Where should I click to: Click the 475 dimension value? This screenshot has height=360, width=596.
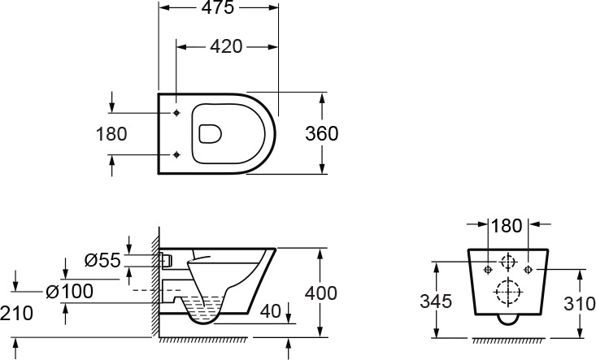pyautogui.click(x=218, y=7)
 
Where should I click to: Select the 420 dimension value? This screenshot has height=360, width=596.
pyautogui.click(x=226, y=46)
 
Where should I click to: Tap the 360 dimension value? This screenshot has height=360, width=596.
pyautogui.click(x=321, y=133)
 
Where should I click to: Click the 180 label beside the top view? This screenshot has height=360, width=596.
pyautogui.click(x=111, y=134)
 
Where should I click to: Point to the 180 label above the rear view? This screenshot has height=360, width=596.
pyautogui.click(x=507, y=226)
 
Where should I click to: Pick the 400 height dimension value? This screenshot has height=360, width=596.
pyautogui.click(x=321, y=293)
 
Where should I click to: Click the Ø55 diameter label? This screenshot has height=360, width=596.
pyautogui.click(x=102, y=261)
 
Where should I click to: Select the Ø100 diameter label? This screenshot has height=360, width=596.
pyautogui.click(x=70, y=291)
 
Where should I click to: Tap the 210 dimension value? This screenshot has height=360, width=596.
pyautogui.click(x=17, y=314)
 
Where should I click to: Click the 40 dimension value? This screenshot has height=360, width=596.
pyautogui.click(x=271, y=311)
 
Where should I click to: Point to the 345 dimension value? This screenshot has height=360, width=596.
pyautogui.click(x=436, y=301)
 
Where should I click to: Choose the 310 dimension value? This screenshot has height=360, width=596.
pyautogui.click(x=579, y=303)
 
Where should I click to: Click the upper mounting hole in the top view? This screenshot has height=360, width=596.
pyautogui.click(x=176, y=113)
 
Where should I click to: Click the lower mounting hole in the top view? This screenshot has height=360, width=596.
pyautogui.click(x=176, y=154)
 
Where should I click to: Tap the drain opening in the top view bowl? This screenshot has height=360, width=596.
pyautogui.click(x=211, y=133)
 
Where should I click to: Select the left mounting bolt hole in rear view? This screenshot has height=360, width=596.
pyautogui.click(x=488, y=270)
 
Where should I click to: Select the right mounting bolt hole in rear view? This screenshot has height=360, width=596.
pyautogui.click(x=528, y=270)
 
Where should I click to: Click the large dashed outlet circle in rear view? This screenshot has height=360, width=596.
pyautogui.click(x=507, y=292)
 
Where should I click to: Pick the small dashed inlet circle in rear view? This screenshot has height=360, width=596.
pyautogui.click(x=507, y=262)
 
